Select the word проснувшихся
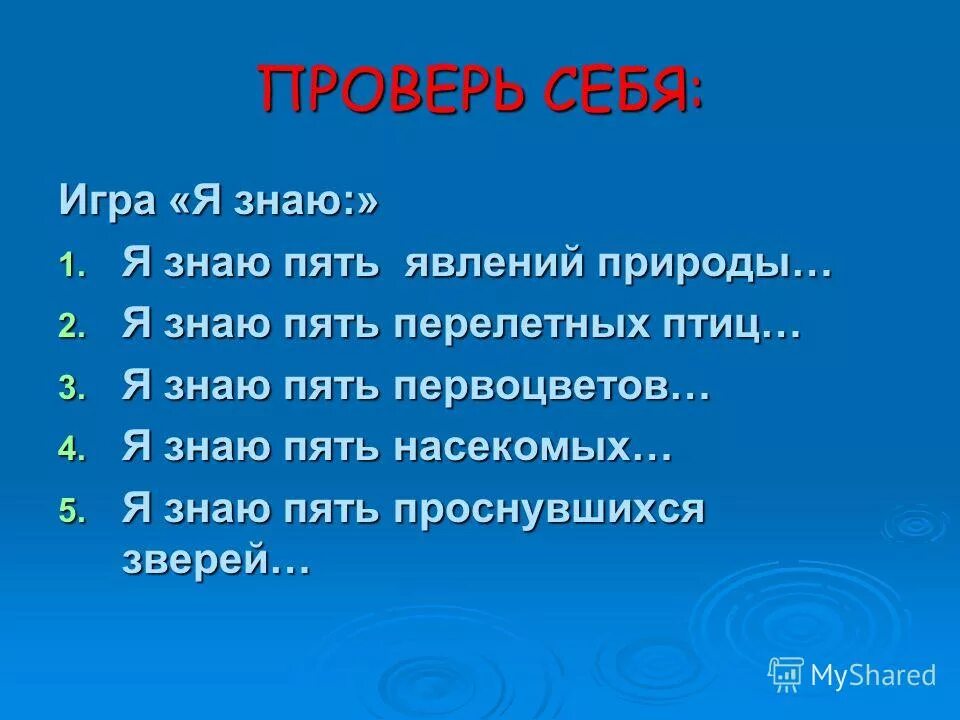coord(549,509)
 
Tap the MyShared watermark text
coord(873,675)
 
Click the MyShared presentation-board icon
coord(786,674)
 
